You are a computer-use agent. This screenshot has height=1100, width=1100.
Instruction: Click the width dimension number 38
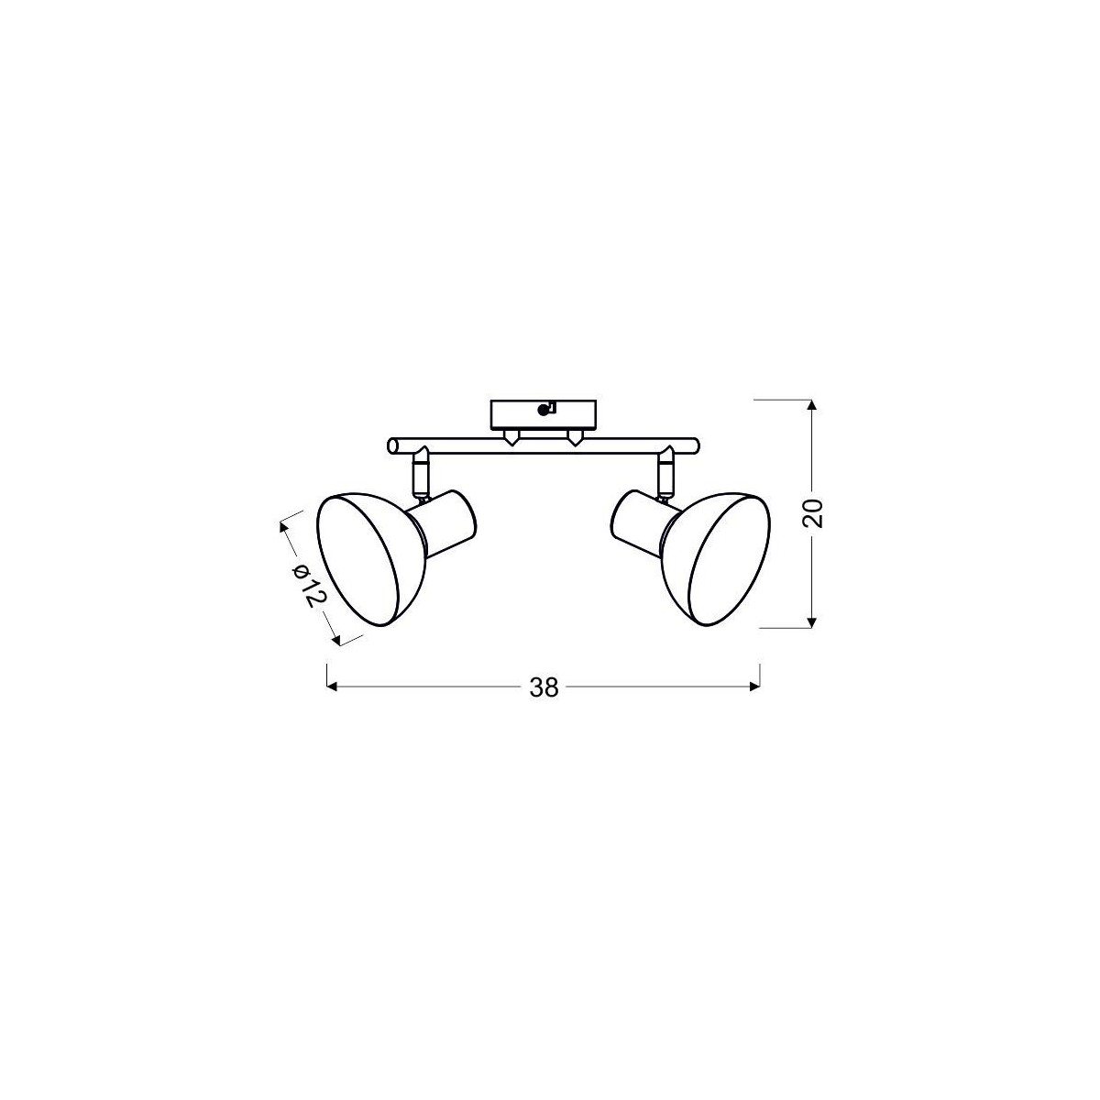(544, 687)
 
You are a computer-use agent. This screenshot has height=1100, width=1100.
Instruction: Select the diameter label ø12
(308, 583)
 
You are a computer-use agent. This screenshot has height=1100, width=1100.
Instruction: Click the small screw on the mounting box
(547, 410)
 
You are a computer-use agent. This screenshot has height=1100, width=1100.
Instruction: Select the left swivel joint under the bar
(420, 472)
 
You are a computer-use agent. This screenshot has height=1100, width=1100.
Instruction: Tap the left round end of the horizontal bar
(393, 445)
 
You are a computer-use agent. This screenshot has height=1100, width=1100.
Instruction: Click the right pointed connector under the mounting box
(575, 439)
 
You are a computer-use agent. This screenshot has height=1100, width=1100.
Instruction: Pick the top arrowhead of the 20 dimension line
(811, 406)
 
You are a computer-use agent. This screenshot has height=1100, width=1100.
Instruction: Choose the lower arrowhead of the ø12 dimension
(339, 639)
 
